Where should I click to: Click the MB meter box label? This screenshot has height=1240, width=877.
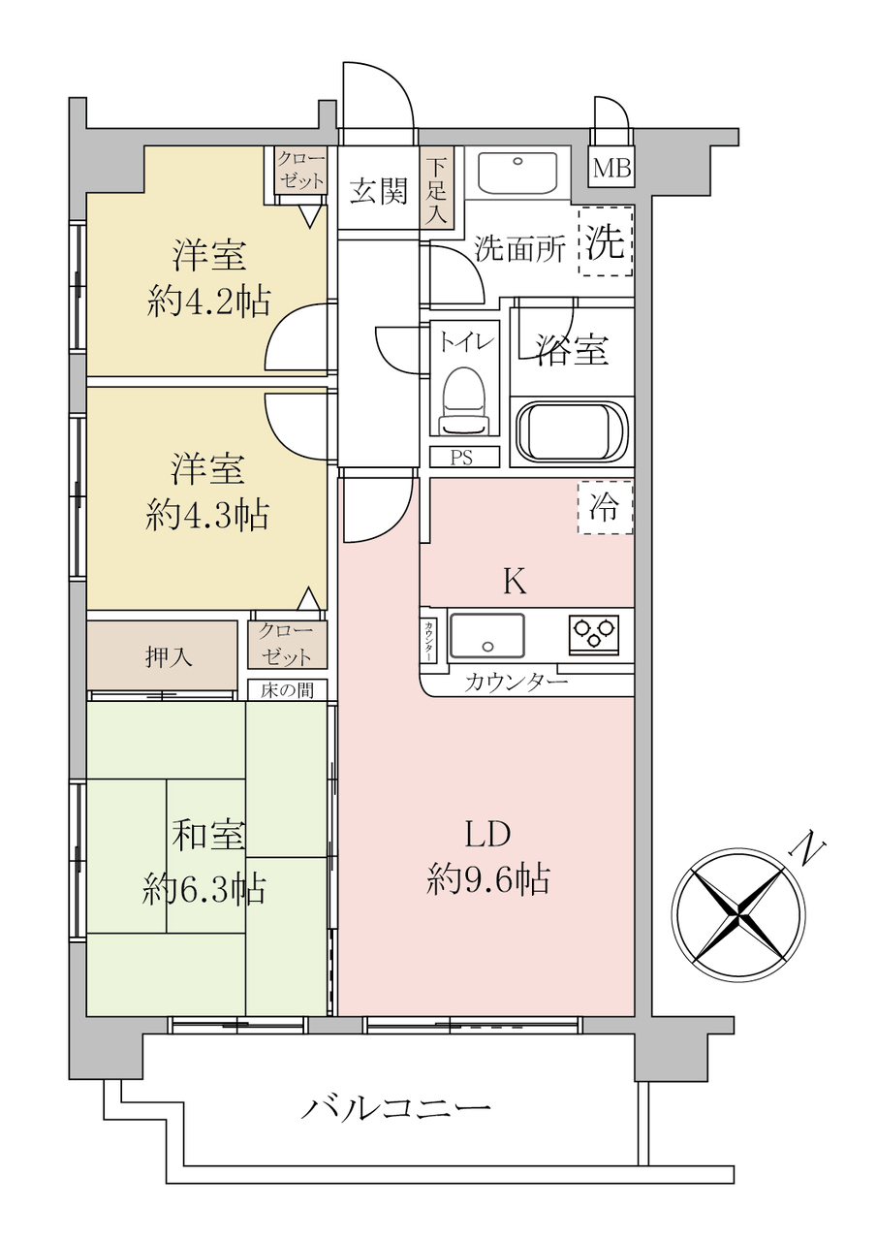(x=611, y=169)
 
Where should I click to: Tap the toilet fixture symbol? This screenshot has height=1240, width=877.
(x=465, y=400)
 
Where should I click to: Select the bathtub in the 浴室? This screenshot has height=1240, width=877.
(x=572, y=431)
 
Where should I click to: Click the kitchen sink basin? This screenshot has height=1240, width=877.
(x=486, y=636)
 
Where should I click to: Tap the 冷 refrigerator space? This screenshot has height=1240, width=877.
(x=605, y=508)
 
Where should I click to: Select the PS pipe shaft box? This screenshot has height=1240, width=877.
(x=465, y=458)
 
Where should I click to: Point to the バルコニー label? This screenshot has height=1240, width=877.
(x=395, y=1105)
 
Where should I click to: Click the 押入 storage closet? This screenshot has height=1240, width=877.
(x=162, y=655)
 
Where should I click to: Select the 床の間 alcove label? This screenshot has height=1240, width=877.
(x=287, y=690)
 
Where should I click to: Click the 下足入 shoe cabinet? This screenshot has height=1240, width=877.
(x=437, y=188)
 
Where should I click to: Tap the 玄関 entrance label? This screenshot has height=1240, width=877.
(x=379, y=191)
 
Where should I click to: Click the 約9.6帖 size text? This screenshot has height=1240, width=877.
(x=488, y=879)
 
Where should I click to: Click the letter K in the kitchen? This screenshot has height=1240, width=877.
(x=514, y=582)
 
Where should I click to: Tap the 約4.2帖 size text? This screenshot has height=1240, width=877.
(x=209, y=302)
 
